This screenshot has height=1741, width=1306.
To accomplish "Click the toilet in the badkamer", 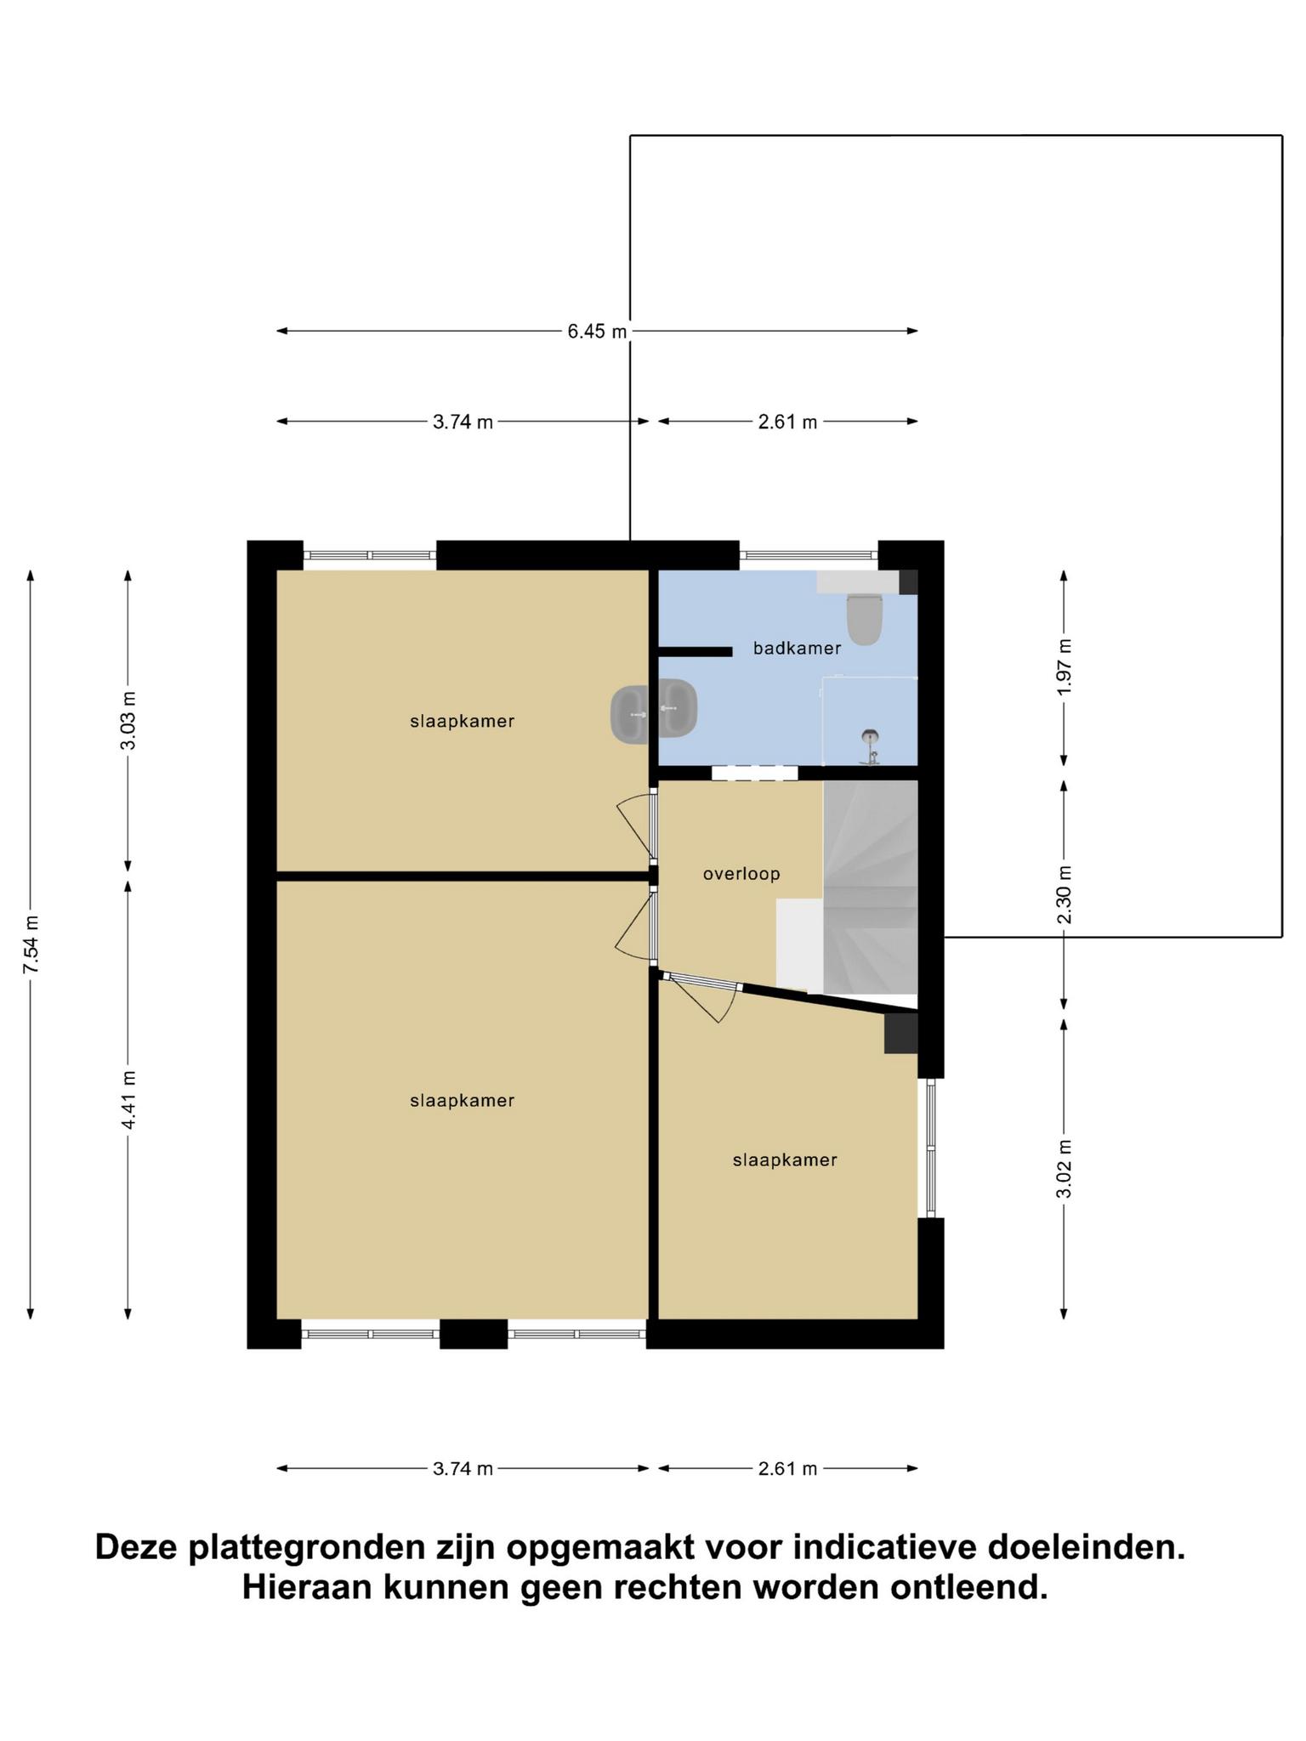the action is click(x=865, y=618).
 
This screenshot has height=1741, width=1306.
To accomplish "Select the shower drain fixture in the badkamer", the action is click(x=870, y=746).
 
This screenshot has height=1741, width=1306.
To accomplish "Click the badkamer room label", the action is click(x=797, y=648).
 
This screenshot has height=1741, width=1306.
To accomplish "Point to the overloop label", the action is click(x=741, y=874).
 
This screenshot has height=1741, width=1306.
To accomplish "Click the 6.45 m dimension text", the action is click(x=597, y=331).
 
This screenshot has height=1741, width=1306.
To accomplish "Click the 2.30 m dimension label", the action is click(x=1064, y=894).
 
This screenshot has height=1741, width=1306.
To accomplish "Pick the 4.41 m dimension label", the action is click(x=128, y=1100).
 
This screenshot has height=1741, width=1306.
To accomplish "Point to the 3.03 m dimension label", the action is click(x=128, y=720).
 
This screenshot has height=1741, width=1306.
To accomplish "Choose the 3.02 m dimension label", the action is click(x=1064, y=1168).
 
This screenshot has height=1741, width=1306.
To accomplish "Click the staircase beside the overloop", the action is click(x=871, y=887).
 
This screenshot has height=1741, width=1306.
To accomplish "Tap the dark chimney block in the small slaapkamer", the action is click(x=901, y=1033).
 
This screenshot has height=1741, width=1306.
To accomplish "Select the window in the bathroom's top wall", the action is click(x=808, y=555).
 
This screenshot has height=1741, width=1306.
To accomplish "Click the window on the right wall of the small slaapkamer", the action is click(x=931, y=1148).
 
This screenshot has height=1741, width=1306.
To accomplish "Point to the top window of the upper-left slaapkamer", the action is click(x=370, y=555).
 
